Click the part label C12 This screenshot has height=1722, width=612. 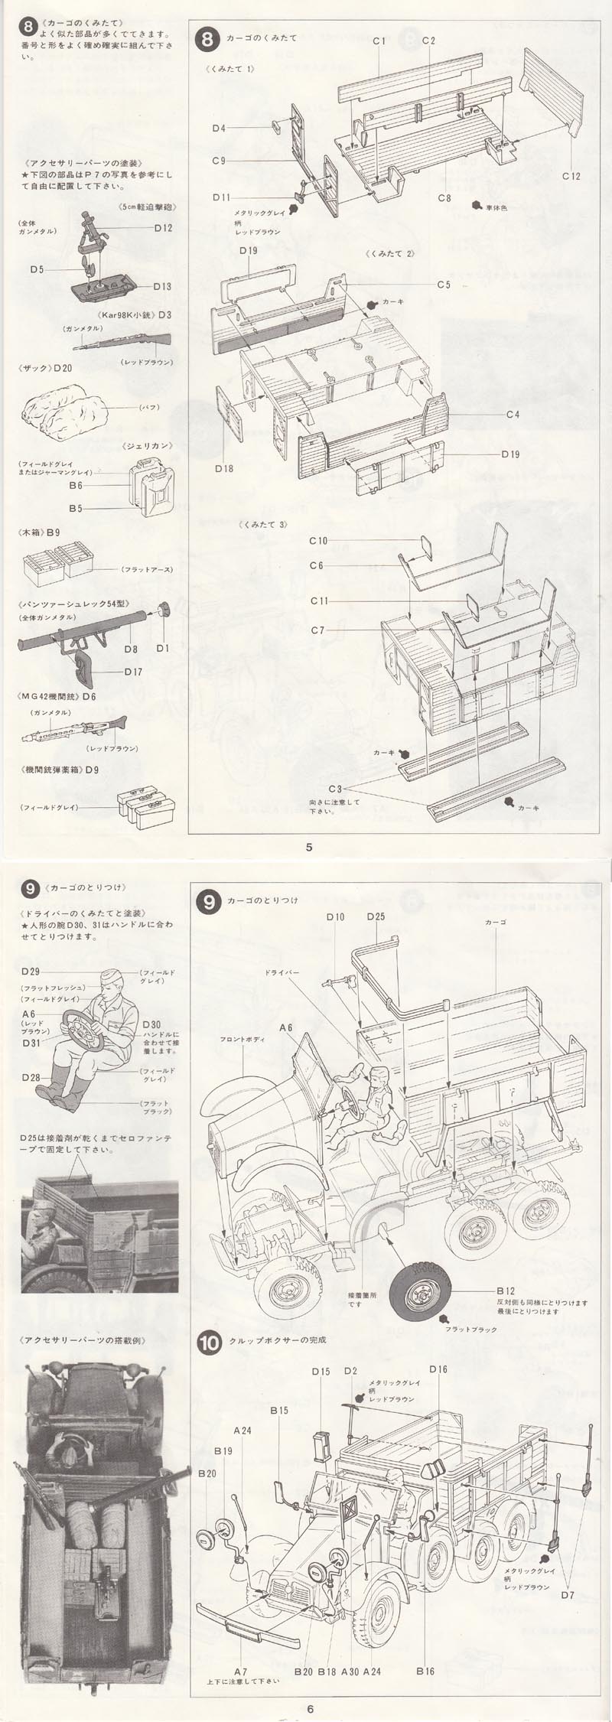tap(570, 176)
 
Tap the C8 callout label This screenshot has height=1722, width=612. tap(444, 198)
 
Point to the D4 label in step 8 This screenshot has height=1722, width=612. tap(219, 128)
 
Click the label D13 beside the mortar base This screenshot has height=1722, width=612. tap(162, 286)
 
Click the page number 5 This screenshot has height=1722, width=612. tap(308, 846)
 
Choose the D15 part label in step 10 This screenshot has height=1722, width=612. tap(321, 1370)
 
